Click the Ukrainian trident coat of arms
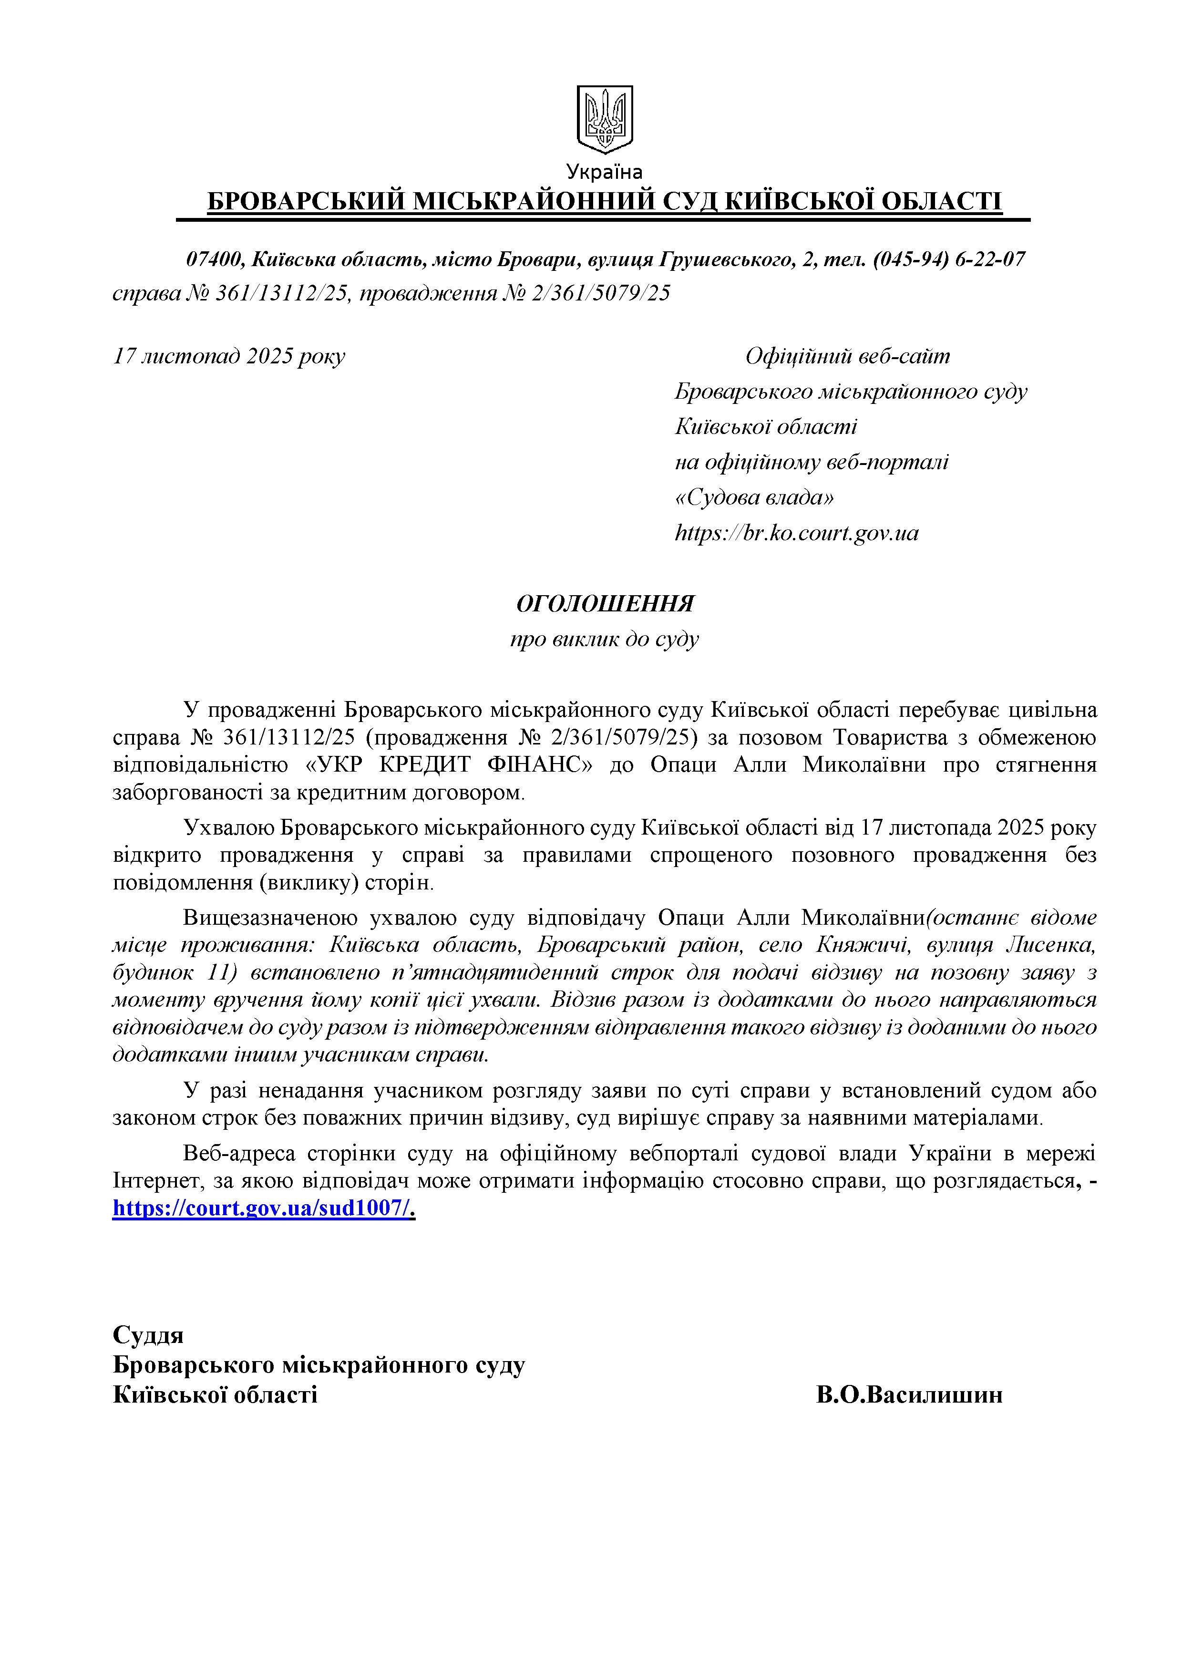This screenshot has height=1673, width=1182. point(605,119)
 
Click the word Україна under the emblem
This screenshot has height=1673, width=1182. point(605,172)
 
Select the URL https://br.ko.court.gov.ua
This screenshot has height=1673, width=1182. point(797,533)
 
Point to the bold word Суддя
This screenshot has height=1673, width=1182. point(148,1335)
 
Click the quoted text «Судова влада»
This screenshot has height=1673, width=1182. point(754,498)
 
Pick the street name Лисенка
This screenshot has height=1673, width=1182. point(1050,945)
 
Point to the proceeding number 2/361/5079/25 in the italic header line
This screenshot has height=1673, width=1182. point(611,293)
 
